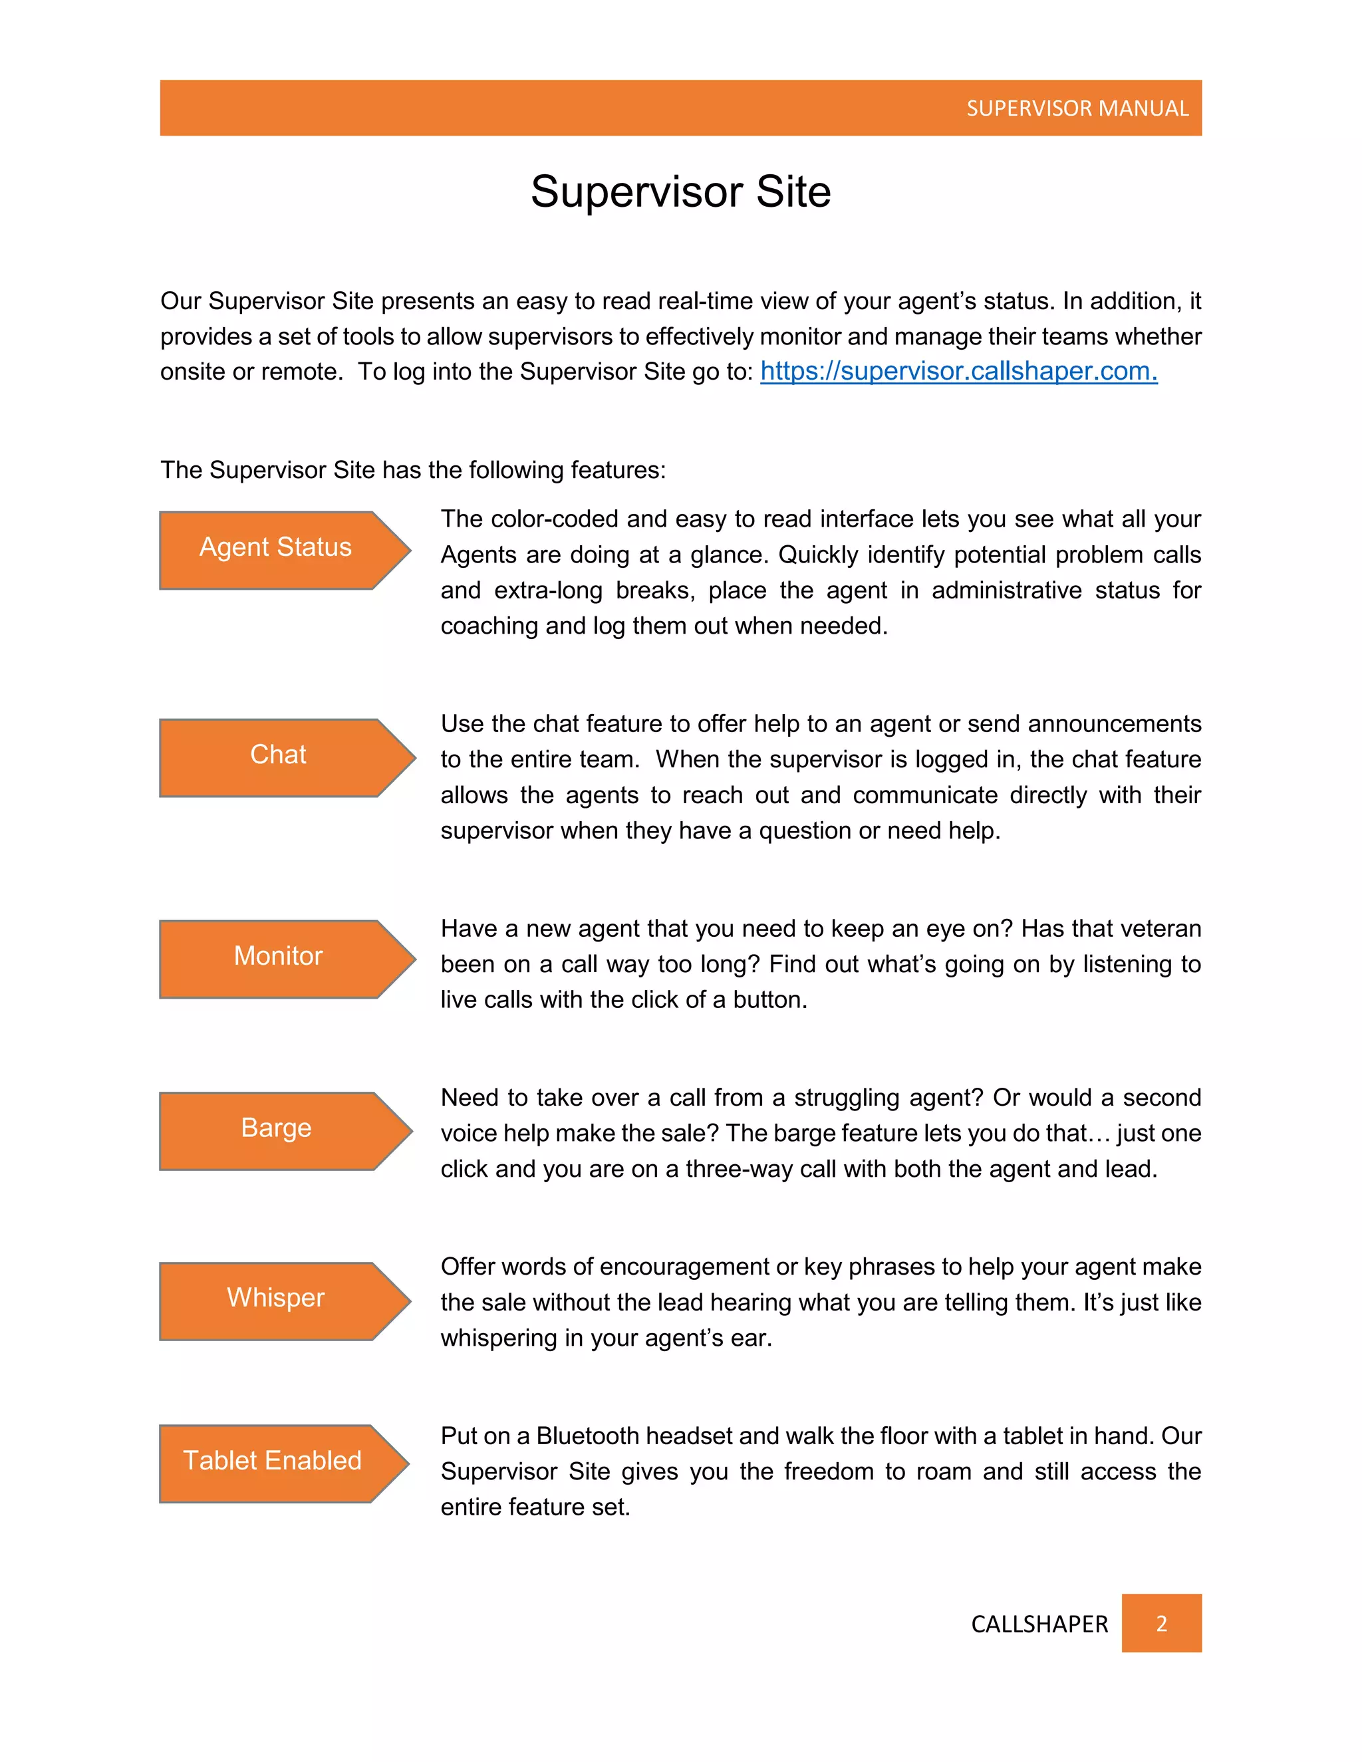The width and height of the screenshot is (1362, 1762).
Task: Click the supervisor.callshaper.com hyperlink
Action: [958, 371]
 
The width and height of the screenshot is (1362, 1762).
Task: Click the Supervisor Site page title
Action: [680, 192]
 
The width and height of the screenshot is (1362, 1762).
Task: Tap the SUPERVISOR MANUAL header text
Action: [1077, 108]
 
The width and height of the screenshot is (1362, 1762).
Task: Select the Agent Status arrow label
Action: [276, 548]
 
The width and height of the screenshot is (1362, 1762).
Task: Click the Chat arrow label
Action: [279, 755]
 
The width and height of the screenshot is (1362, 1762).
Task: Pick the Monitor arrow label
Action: [279, 956]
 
